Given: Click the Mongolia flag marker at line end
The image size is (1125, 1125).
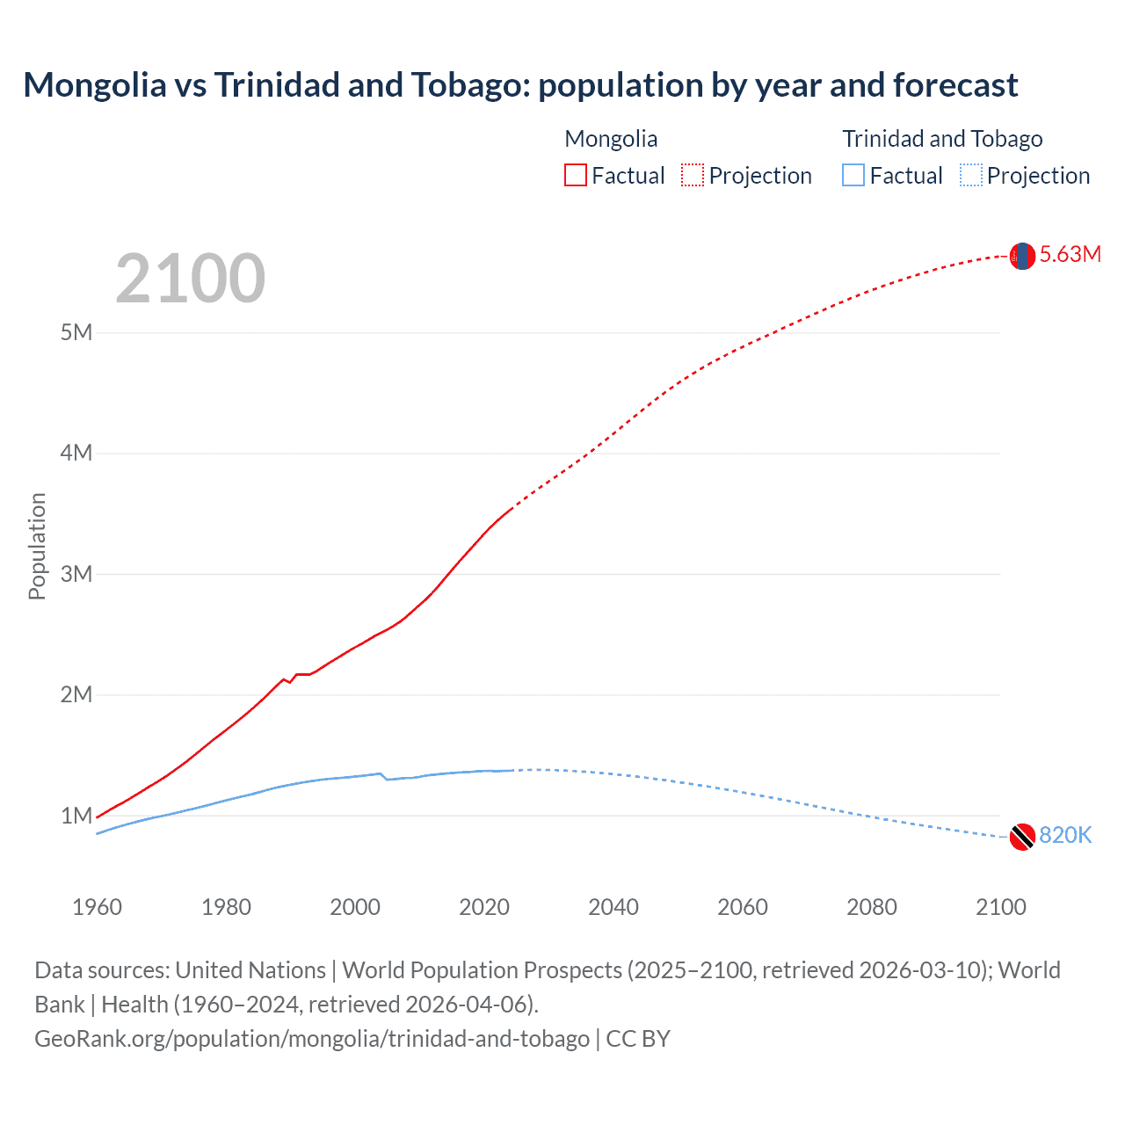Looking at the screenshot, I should (1022, 256).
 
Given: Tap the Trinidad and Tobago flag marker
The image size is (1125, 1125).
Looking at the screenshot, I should (1022, 837).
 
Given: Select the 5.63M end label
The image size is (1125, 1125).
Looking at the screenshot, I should (1070, 255).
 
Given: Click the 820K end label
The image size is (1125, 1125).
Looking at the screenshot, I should (1065, 836).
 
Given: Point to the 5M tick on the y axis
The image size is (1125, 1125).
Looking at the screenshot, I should (76, 332).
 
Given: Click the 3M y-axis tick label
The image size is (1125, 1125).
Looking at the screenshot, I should (76, 574).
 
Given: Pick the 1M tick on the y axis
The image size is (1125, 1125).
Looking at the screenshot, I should (76, 816).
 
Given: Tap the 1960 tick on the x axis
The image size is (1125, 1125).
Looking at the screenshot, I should (97, 907).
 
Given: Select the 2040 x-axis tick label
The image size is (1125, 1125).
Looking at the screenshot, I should (613, 907).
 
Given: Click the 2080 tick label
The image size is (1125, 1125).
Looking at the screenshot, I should (872, 907).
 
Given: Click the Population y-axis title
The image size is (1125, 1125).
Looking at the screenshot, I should (37, 546).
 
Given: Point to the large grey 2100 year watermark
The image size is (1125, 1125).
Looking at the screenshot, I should (190, 279).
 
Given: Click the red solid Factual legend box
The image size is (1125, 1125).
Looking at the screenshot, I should (576, 175).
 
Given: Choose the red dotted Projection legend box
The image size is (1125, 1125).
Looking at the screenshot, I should (693, 175).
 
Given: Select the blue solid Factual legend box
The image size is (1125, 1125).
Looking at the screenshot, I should (853, 175).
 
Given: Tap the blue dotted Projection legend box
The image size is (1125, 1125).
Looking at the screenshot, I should (970, 175).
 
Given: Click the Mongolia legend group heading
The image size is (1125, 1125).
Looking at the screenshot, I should (611, 139).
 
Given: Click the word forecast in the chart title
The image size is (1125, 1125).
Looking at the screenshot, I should (955, 85).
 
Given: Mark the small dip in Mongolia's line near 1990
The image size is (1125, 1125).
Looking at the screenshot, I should (289, 681).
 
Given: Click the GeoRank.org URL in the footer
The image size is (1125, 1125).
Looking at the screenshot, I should (312, 1039).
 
